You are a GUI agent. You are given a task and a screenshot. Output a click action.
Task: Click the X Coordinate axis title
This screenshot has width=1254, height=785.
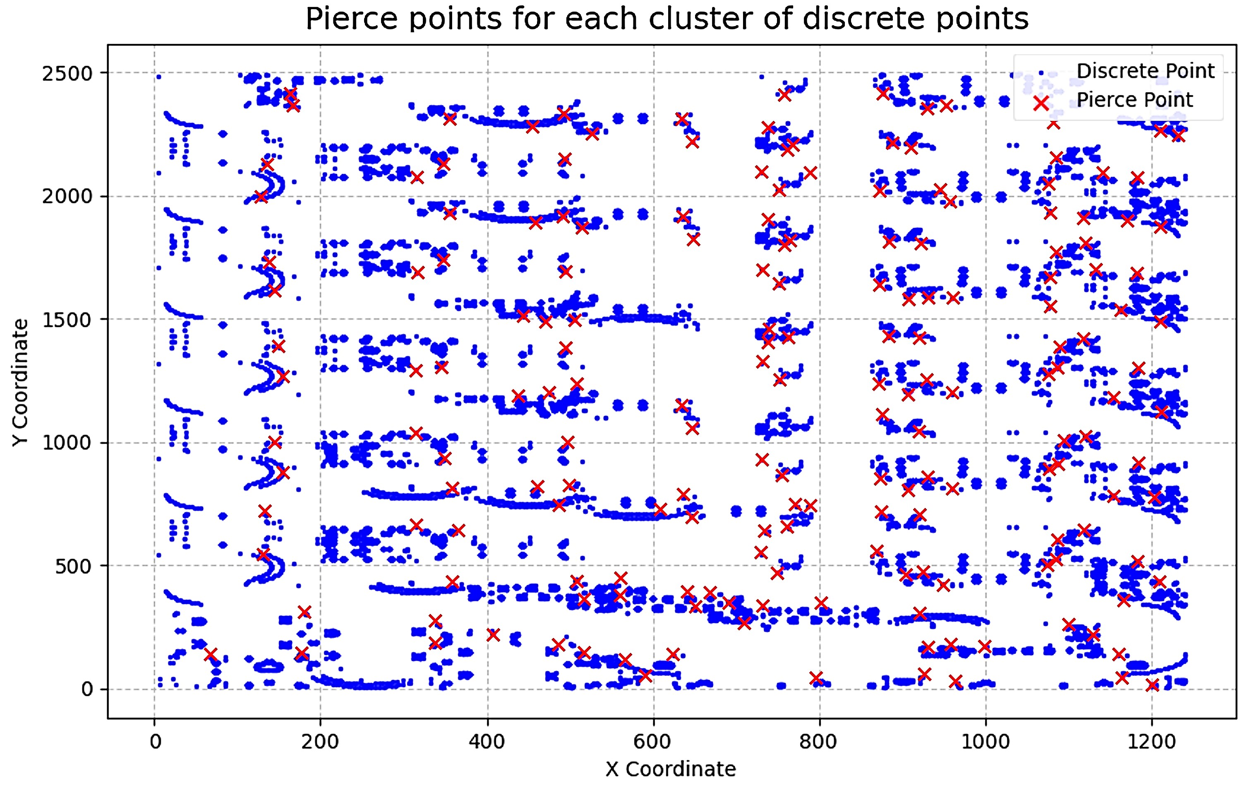[x=671, y=769]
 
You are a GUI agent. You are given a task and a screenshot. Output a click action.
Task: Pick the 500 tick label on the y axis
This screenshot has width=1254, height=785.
[x=74, y=566]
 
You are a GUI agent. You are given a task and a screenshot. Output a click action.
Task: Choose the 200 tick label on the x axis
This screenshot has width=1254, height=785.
[x=320, y=742]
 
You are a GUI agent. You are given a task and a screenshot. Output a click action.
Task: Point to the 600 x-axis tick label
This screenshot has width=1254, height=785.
[x=653, y=742]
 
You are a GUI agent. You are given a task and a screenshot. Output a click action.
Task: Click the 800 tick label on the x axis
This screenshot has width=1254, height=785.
[x=819, y=742]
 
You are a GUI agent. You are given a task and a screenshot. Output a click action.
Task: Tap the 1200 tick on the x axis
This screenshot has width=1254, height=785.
[x=1152, y=742]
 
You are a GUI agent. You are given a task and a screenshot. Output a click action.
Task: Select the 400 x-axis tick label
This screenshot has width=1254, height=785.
[x=487, y=742]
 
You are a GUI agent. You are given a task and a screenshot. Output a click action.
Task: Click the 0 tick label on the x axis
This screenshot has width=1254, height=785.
[x=155, y=742]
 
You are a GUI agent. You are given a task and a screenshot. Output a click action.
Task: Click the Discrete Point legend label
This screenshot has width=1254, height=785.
[x=1145, y=71]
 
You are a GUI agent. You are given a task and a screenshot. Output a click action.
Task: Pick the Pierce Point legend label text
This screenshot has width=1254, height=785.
[x=1134, y=100]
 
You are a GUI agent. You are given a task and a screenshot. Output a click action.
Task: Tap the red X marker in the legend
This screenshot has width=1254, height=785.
[x=1041, y=103]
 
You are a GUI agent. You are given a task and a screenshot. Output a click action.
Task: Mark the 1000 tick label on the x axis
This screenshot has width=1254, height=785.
[x=985, y=742]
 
